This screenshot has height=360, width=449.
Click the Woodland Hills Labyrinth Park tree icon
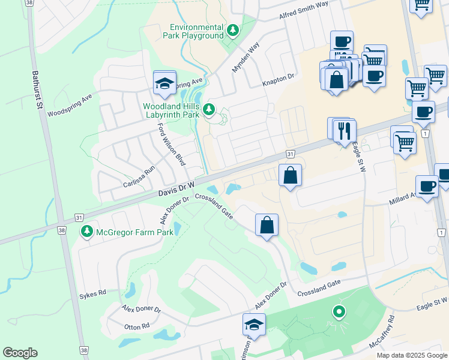208,109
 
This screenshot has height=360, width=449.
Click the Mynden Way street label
246,56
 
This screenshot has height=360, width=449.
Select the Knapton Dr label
279,77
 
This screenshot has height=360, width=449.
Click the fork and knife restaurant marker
344,130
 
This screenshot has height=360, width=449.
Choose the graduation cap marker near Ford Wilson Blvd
164,85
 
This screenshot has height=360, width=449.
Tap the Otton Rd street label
136,326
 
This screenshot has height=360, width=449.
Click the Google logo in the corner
20,353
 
